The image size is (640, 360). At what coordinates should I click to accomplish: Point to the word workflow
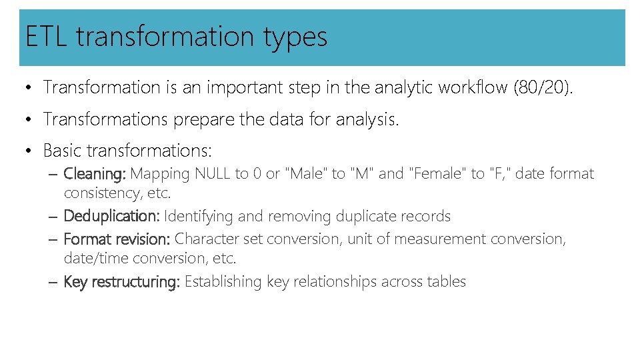click(x=472, y=87)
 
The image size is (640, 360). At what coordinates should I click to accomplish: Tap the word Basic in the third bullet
click(x=63, y=151)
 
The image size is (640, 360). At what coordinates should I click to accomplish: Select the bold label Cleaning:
click(x=95, y=174)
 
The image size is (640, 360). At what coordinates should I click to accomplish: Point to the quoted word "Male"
click(x=306, y=174)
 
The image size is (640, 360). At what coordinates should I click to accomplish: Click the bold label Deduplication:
click(x=111, y=217)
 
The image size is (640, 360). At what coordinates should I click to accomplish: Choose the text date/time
click(x=96, y=258)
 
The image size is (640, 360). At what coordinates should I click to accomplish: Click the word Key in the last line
click(x=75, y=282)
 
